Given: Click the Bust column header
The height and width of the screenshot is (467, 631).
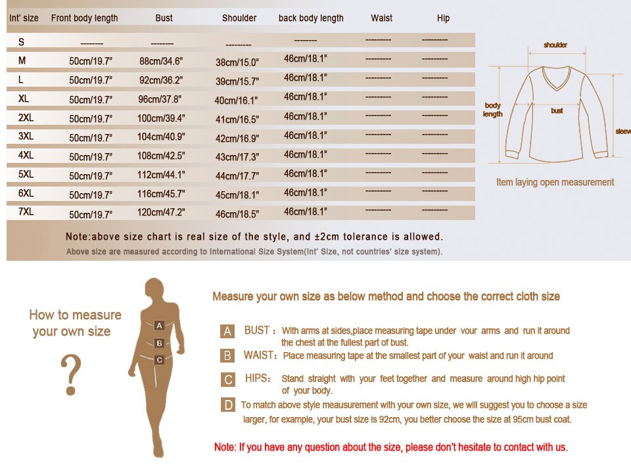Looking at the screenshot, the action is click(164, 18).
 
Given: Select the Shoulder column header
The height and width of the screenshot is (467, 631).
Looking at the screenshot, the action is click(239, 18).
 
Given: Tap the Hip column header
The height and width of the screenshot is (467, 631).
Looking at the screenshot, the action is click(443, 18).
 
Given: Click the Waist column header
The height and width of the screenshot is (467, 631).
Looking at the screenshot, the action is click(381, 18).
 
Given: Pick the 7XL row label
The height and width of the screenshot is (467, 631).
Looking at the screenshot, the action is click(26, 211).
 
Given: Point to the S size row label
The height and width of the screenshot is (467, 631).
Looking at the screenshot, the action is click(21, 42).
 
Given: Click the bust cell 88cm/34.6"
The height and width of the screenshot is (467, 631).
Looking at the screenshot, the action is click(161, 61).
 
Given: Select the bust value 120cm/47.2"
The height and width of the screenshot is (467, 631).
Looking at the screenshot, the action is click(161, 212).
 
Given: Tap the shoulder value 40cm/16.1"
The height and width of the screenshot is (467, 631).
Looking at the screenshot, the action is click(236, 100).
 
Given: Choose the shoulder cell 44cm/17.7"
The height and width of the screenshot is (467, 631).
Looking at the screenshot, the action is click(237, 176).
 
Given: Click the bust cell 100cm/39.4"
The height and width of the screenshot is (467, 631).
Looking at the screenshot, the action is click(161, 118).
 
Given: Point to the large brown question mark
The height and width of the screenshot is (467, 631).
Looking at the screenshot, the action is click(71, 374).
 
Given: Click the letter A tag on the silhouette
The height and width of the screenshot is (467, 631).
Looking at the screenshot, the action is click(159, 325).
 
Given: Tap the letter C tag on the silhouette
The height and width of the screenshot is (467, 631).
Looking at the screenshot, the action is click(159, 360).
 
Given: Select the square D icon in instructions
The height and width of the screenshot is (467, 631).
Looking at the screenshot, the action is click(228, 405).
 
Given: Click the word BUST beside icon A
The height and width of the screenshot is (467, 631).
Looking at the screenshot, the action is click(257, 330).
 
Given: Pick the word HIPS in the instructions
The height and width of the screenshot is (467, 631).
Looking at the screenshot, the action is click(257, 378).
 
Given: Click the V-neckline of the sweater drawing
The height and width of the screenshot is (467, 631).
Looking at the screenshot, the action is click(557, 79).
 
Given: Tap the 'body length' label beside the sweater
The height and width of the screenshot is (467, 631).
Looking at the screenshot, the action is click(492, 110).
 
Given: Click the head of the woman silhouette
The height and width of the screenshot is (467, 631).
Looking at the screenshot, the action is click(154, 288).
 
